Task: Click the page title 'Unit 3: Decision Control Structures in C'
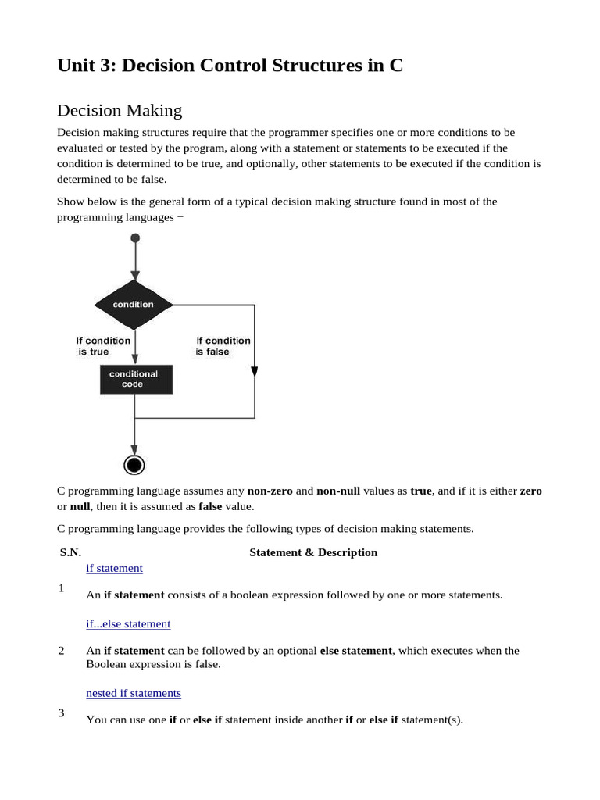coord(230,66)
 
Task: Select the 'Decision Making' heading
coord(120,111)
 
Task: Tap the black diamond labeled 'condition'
coord(134,304)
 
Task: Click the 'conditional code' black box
coord(135,379)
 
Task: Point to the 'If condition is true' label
coord(103,346)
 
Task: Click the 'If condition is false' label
coord(223,346)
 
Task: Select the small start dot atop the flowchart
coord(135,238)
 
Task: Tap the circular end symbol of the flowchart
coord(135,465)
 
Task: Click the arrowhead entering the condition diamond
coord(135,275)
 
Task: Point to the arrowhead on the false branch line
coord(255,372)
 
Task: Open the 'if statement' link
coord(114,568)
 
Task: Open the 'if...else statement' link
coord(128,623)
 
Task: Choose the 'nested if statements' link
coord(134,693)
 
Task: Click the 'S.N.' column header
coord(70,552)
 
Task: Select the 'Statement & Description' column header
coord(313,552)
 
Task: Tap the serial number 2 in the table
coord(62,650)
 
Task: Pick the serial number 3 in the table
coord(62,712)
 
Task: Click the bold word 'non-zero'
coord(270,491)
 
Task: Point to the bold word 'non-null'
coord(338,491)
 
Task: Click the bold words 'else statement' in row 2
coord(355,650)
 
